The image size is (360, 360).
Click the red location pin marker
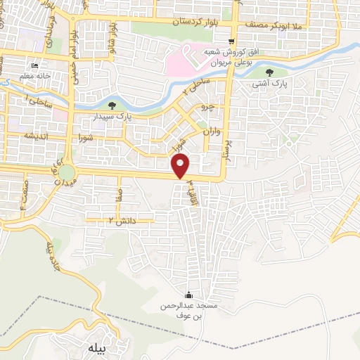click(x=181, y=167)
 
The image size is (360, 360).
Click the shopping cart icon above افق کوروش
click(x=231, y=41)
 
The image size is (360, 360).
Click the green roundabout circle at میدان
click(x=67, y=172)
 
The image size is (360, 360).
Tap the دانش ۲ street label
click(x=122, y=221)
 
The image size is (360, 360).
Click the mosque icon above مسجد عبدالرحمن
click(x=188, y=295)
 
